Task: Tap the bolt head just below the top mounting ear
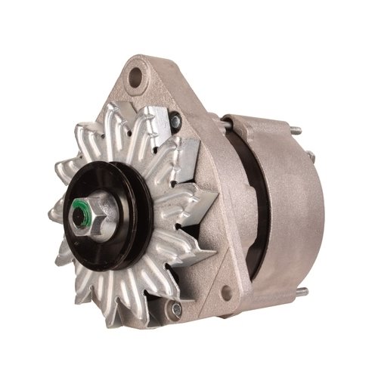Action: (x=175, y=118)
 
